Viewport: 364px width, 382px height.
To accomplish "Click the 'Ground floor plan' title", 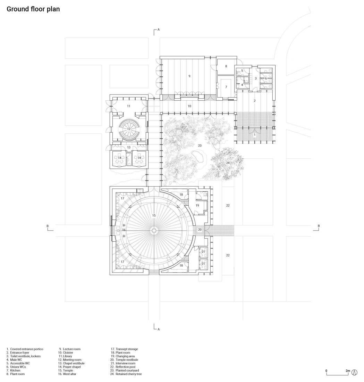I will [x=33, y=9].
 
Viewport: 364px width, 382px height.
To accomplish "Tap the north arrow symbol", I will [x=355, y=372].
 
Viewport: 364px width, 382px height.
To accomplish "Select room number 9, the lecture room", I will [x=189, y=76].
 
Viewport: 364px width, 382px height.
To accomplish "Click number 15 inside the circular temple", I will [x=154, y=216].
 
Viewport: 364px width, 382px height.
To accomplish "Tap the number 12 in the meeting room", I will [x=128, y=129].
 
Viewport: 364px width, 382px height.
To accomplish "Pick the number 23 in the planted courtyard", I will [x=200, y=146].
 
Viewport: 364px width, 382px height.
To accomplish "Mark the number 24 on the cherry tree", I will [x=228, y=163].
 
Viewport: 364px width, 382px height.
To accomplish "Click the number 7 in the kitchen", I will [x=226, y=87].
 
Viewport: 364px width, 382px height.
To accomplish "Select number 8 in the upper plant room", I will [x=226, y=66].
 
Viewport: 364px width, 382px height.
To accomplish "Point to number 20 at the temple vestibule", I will [x=200, y=230].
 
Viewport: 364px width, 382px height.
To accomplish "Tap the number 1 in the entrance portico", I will [x=255, y=134].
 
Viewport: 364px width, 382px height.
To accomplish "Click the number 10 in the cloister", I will [x=189, y=106].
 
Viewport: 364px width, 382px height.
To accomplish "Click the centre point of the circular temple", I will [x=154, y=231].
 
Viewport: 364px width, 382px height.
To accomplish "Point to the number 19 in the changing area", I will [x=197, y=206].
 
